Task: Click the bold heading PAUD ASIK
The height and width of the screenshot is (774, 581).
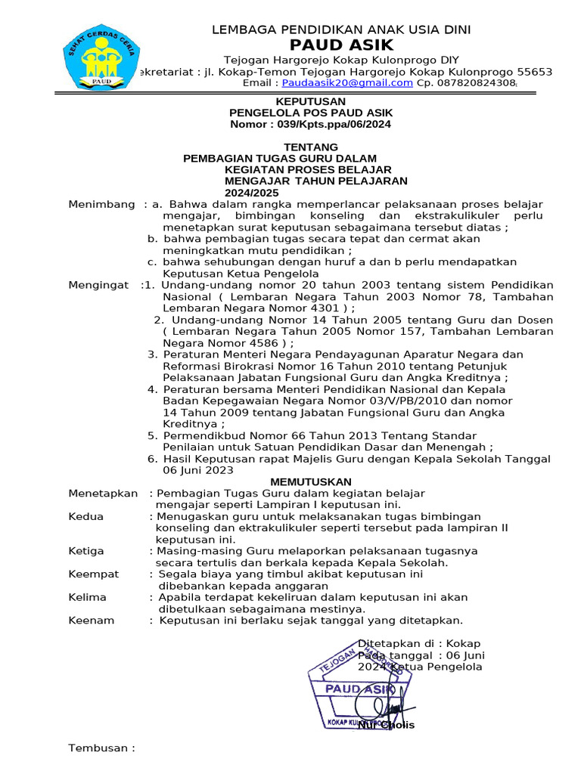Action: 340,45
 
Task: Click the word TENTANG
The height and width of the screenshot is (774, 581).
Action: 311,147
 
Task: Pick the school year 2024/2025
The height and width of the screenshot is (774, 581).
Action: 247,193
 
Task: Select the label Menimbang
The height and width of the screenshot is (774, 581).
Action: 101,204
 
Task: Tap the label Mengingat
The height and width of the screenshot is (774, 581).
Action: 98,285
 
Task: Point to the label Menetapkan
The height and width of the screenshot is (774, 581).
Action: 103,494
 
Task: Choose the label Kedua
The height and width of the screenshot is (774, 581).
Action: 85,516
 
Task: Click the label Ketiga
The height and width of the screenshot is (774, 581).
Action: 86,551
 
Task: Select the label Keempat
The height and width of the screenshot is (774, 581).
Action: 94,574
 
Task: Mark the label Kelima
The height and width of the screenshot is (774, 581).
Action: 87,597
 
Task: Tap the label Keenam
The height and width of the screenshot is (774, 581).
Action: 91,621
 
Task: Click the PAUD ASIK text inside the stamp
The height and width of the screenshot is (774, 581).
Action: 358,689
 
